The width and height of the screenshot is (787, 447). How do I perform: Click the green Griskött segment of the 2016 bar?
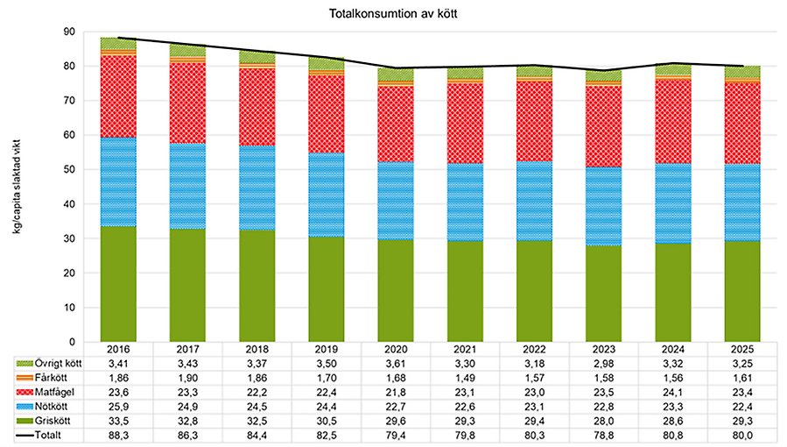click(118, 284)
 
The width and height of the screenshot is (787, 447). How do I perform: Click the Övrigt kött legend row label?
click(57, 362)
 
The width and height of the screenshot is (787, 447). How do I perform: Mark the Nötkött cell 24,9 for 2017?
click(187, 405)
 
